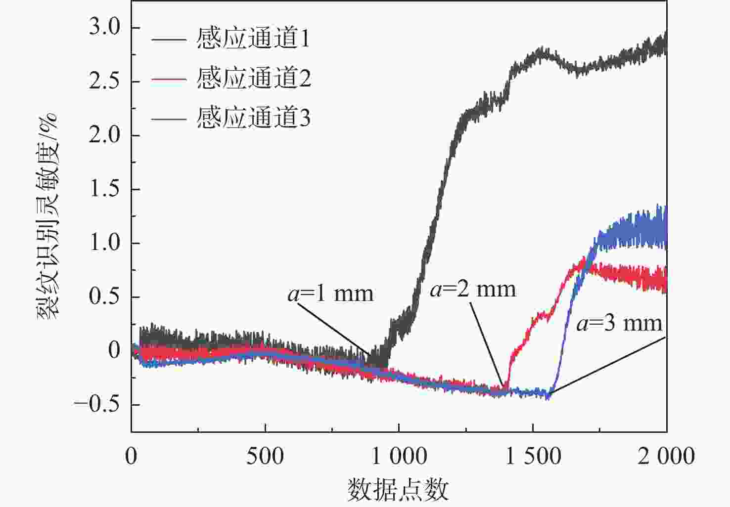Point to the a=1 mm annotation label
[330, 294]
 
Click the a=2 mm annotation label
[473, 290]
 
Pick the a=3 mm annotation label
[619, 324]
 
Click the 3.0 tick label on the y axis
[105, 28]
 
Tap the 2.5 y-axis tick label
[105, 82]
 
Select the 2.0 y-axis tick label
[105, 135]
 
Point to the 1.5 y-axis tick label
[105, 189]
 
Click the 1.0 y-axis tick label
[105, 243]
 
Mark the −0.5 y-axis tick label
[97, 405]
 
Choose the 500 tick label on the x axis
[265, 456]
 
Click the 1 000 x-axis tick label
[399, 456]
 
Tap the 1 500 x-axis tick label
[533, 456]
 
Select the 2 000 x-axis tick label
[666, 456]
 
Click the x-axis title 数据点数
[398, 490]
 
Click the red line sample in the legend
[169, 79]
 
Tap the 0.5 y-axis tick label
[105, 297]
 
